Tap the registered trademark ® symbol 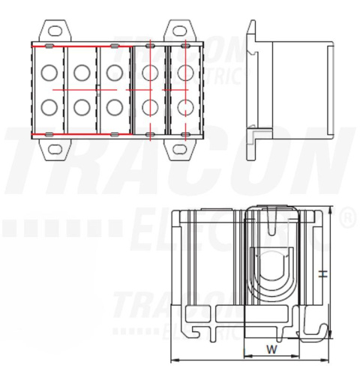348,220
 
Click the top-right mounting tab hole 179,32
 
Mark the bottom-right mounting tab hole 179,148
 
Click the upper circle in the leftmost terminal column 49,73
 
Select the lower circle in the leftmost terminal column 49,107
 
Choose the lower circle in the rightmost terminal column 184,107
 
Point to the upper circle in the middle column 114,73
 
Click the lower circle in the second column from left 81,107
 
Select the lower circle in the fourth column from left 151,107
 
